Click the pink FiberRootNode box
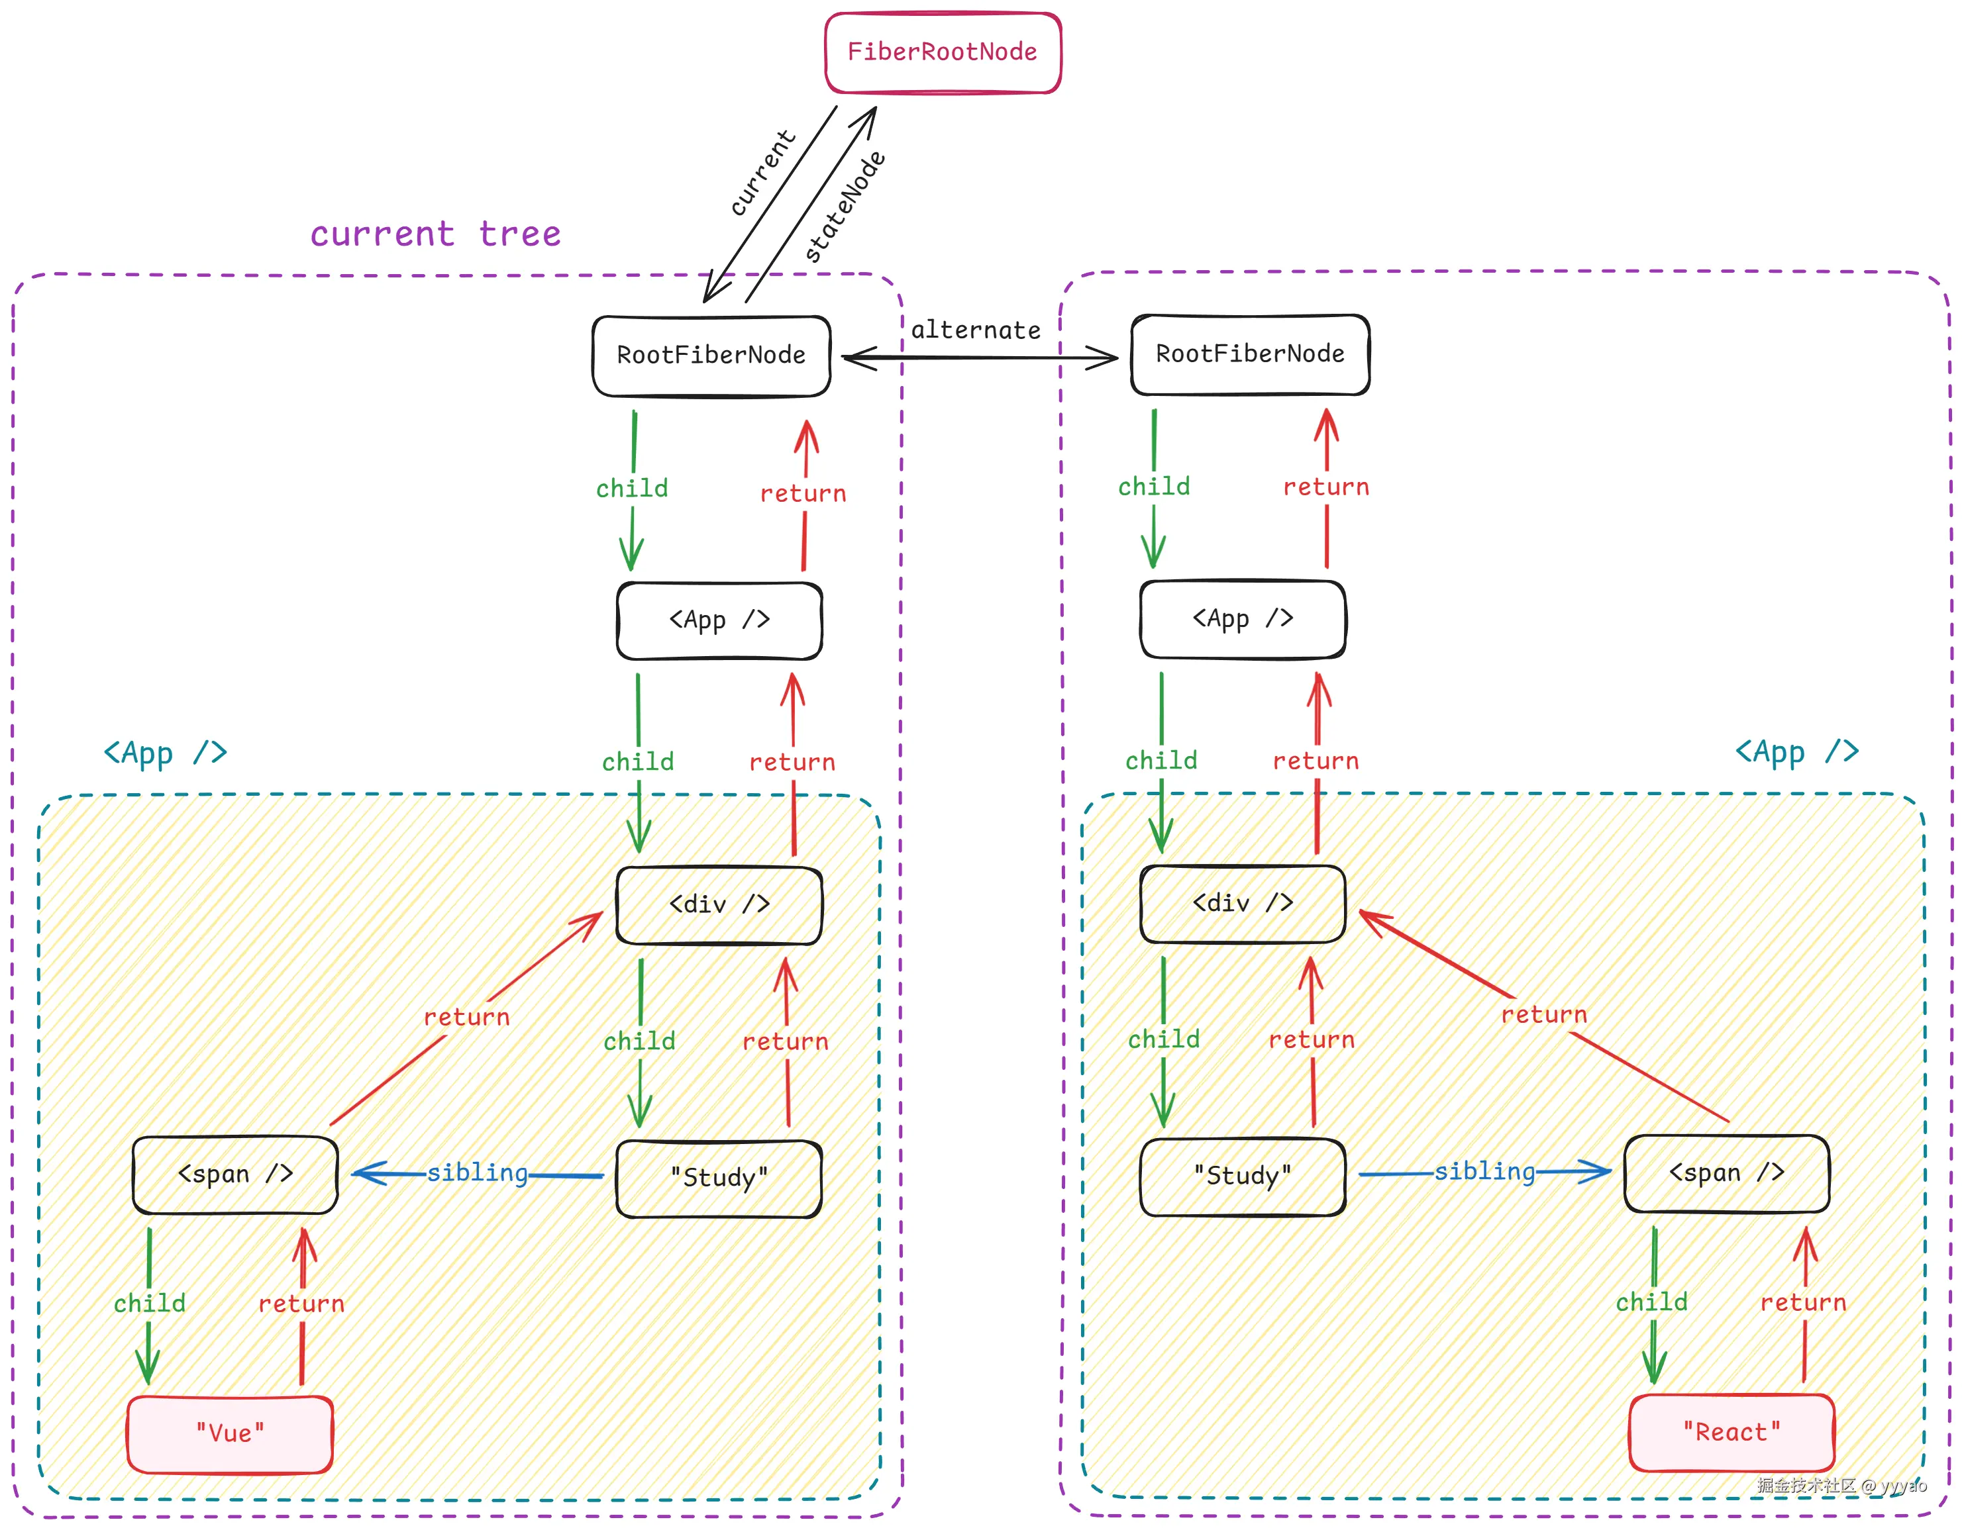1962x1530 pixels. [943, 52]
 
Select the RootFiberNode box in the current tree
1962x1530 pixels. [711, 356]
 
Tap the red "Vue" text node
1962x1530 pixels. [230, 1433]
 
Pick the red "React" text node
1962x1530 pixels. [1731, 1432]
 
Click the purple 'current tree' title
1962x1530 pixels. [436, 234]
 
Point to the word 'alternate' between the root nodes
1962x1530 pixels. [976, 330]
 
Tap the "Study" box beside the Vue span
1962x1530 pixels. [719, 1177]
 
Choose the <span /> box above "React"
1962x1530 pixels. [1726, 1172]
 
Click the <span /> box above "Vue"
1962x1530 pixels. [235, 1174]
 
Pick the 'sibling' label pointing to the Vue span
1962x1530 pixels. [477, 1172]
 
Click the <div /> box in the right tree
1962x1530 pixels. [1243, 903]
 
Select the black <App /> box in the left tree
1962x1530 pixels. [719, 620]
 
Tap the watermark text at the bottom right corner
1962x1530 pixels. [1841, 1486]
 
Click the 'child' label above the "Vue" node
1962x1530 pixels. [149, 1304]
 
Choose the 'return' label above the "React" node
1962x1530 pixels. [1803, 1303]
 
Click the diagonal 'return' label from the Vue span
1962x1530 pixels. [466, 1018]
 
